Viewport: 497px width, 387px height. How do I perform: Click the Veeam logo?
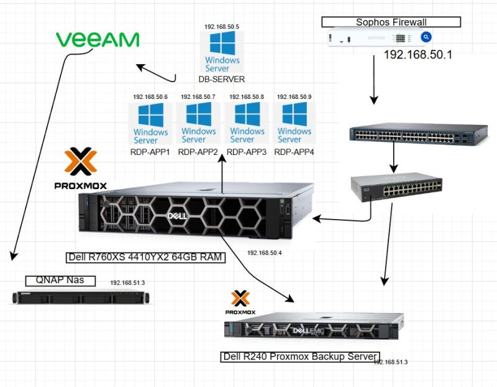click(x=98, y=40)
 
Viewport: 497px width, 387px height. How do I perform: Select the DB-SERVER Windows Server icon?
click(x=222, y=52)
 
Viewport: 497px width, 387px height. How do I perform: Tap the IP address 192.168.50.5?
click(x=222, y=27)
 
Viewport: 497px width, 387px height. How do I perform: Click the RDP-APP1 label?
click(x=150, y=152)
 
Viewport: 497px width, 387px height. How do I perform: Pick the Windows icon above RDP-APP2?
click(x=198, y=123)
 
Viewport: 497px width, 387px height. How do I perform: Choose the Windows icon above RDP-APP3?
click(x=247, y=123)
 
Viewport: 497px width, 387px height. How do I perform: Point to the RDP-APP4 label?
click(x=294, y=152)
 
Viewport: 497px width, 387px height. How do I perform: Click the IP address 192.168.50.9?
click(x=294, y=97)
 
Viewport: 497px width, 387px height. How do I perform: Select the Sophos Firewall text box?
click(x=391, y=22)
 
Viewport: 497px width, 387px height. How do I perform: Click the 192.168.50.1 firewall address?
click(x=417, y=55)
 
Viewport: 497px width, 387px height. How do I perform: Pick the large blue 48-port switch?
click(x=418, y=134)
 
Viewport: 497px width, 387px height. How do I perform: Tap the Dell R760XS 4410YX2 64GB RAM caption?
click(x=144, y=257)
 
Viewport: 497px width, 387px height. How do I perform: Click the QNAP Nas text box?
click(x=60, y=281)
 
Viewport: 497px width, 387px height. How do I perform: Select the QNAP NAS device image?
click(x=82, y=297)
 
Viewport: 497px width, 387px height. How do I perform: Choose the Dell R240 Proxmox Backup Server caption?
click(x=299, y=357)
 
